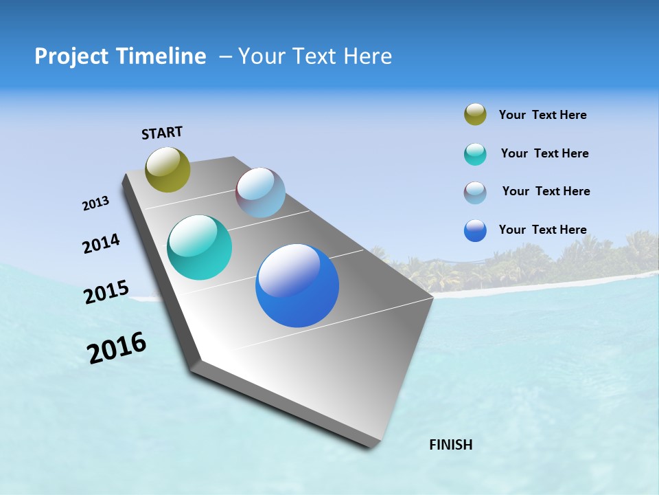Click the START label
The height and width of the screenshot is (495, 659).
coord(162,133)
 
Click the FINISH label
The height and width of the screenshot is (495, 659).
coord(450,445)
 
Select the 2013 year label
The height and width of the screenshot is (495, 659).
coord(95,203)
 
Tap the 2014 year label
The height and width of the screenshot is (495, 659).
coord(101,243)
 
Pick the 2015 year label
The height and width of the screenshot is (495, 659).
coord(106,292)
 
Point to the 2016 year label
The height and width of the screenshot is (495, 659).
coord(117,348)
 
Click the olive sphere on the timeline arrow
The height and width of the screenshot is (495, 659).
coord(167,169)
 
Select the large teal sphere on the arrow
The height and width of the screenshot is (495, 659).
coord(199,247)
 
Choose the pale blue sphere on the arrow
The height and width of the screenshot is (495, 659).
coord(260,192)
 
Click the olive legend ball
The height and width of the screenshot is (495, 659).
coord(475,115)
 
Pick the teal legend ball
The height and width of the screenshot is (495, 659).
coord(475,154)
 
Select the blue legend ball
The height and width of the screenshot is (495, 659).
coord(475,230)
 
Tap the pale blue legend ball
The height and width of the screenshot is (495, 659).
coord(475,192)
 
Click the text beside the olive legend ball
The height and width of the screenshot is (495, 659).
coord(542,115)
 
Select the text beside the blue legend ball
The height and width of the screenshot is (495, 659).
coord(542,230)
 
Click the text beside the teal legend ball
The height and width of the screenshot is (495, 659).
coord(544,153)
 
